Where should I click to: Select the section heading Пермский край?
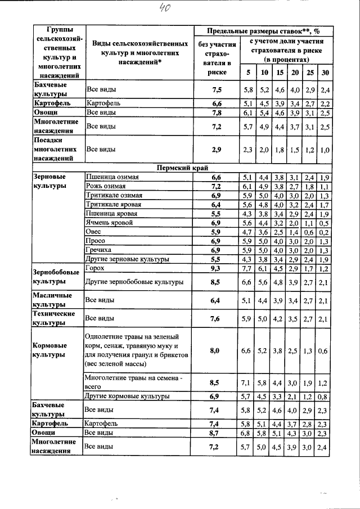click(x=179, y=168)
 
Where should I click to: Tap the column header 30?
click(x=325, y=73)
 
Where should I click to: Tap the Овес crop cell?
click(x=93, y=232)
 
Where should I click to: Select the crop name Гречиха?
click(x=98, y=250)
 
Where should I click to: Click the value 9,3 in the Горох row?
click(x=215, y=269)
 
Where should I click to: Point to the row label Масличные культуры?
click(x=52, y=300)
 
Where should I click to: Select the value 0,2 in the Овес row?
click(x=323, y=232)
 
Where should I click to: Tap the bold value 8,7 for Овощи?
click(x=215, y=434)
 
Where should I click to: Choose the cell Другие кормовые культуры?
click(x=127, y=396)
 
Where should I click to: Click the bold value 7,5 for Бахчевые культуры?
click(x=215, y=89)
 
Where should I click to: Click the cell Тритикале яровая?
click(x=113, y=205)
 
